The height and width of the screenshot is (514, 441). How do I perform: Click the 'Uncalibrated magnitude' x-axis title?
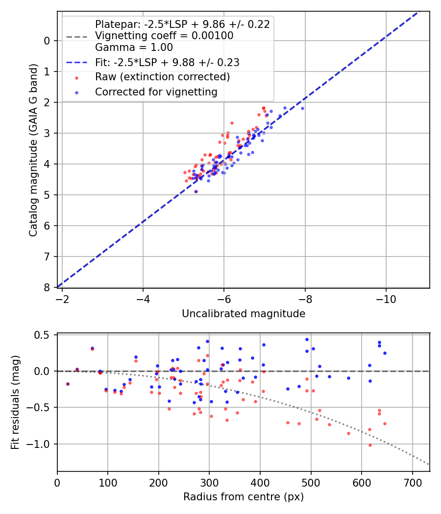coord(244,314)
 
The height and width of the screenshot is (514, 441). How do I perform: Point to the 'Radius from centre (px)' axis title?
coord(244,497)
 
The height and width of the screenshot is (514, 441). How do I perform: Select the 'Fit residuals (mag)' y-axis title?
coord(15,402)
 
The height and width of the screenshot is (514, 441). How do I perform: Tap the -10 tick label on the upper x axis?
coord(386,298)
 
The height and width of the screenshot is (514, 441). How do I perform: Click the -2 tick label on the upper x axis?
coord(62,298)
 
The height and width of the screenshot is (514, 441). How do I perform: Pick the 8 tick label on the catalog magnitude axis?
coord(47,287)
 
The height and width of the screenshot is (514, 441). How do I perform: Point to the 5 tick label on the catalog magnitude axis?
coord(47,195)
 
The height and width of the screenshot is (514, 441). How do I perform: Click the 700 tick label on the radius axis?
coord(412,482)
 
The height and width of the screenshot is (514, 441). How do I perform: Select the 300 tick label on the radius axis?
coord(209,482)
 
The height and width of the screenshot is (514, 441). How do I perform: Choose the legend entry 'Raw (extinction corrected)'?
coord(162,77)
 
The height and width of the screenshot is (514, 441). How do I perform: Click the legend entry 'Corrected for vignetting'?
coord(156,92)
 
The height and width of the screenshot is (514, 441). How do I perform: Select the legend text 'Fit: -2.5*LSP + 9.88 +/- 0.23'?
coord(167,63)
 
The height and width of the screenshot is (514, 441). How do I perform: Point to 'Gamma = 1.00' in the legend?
coord(134,47)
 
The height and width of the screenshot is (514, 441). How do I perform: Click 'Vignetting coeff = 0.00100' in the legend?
coord(164,36)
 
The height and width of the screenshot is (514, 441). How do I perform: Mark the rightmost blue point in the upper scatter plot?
coord(302,108)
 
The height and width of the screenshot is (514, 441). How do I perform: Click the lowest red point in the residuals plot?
coord(370,445)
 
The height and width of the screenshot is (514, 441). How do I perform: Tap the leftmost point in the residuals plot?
coord(68,384)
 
